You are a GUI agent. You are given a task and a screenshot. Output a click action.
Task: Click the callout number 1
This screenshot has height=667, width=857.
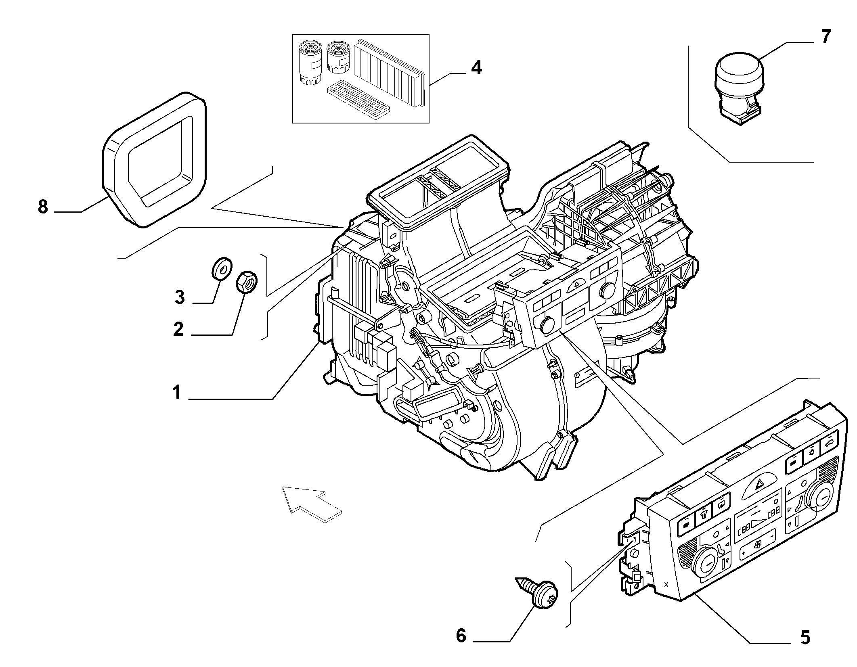[x=176, y=392]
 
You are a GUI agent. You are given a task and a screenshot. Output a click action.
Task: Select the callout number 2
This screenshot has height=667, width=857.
[x=178, y=329]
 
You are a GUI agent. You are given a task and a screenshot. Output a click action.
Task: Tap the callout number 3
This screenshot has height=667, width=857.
[x=180, y=297]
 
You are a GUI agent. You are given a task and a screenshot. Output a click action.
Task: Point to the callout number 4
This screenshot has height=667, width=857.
[x=477, y=67]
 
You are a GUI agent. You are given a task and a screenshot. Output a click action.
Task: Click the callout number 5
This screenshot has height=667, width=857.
[x=805, y=637]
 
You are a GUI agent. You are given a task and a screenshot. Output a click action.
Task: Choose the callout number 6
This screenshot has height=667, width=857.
[x=461, y=636]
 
